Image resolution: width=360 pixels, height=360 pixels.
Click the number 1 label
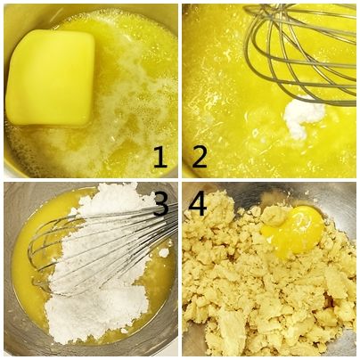point(160,158)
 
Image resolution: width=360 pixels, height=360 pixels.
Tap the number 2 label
point(200,158)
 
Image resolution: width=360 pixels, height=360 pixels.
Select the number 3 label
point(162,205)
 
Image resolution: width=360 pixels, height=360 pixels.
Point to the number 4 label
point(198,205)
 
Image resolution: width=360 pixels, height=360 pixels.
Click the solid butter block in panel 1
point(51,78)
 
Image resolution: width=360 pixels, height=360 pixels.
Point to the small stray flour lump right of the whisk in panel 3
point(164,253)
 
